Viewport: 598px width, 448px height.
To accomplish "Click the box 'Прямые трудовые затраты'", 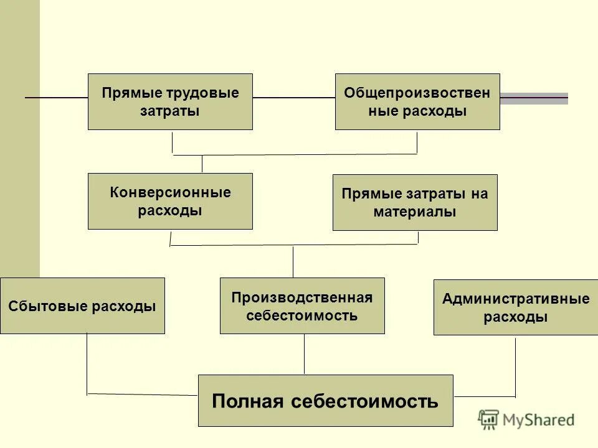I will pos(170,101).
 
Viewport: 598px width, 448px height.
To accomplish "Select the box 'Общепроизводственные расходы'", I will pos(417,101).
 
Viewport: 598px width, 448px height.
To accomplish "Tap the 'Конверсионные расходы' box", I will pos(170,201).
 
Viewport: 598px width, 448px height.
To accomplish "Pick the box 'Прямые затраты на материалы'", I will pos(415,202).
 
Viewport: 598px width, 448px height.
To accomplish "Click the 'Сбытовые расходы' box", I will pos(82,306).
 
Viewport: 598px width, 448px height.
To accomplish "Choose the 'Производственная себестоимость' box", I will pos(302,306).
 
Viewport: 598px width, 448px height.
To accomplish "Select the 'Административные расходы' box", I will pos(516,307).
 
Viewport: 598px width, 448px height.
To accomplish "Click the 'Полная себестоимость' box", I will pos(325,400).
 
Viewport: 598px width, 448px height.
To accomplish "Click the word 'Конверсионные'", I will pos(170,192).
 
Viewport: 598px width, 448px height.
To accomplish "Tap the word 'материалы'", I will pos(415,212).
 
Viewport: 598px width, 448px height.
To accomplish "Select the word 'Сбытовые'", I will pos(50,306).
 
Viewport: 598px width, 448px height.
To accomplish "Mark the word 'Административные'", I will pos(516,298).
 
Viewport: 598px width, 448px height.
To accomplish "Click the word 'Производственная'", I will pos(302,297).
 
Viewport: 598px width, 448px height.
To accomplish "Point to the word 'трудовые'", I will pos(202,93).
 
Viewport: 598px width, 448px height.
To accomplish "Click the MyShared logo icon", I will pos(488,419).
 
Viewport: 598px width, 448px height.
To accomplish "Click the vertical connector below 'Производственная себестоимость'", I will pos(304,354).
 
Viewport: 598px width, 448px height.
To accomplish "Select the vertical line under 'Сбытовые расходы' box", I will pos(87,364).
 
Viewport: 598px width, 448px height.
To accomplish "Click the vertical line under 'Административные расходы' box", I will pos(515,366).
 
